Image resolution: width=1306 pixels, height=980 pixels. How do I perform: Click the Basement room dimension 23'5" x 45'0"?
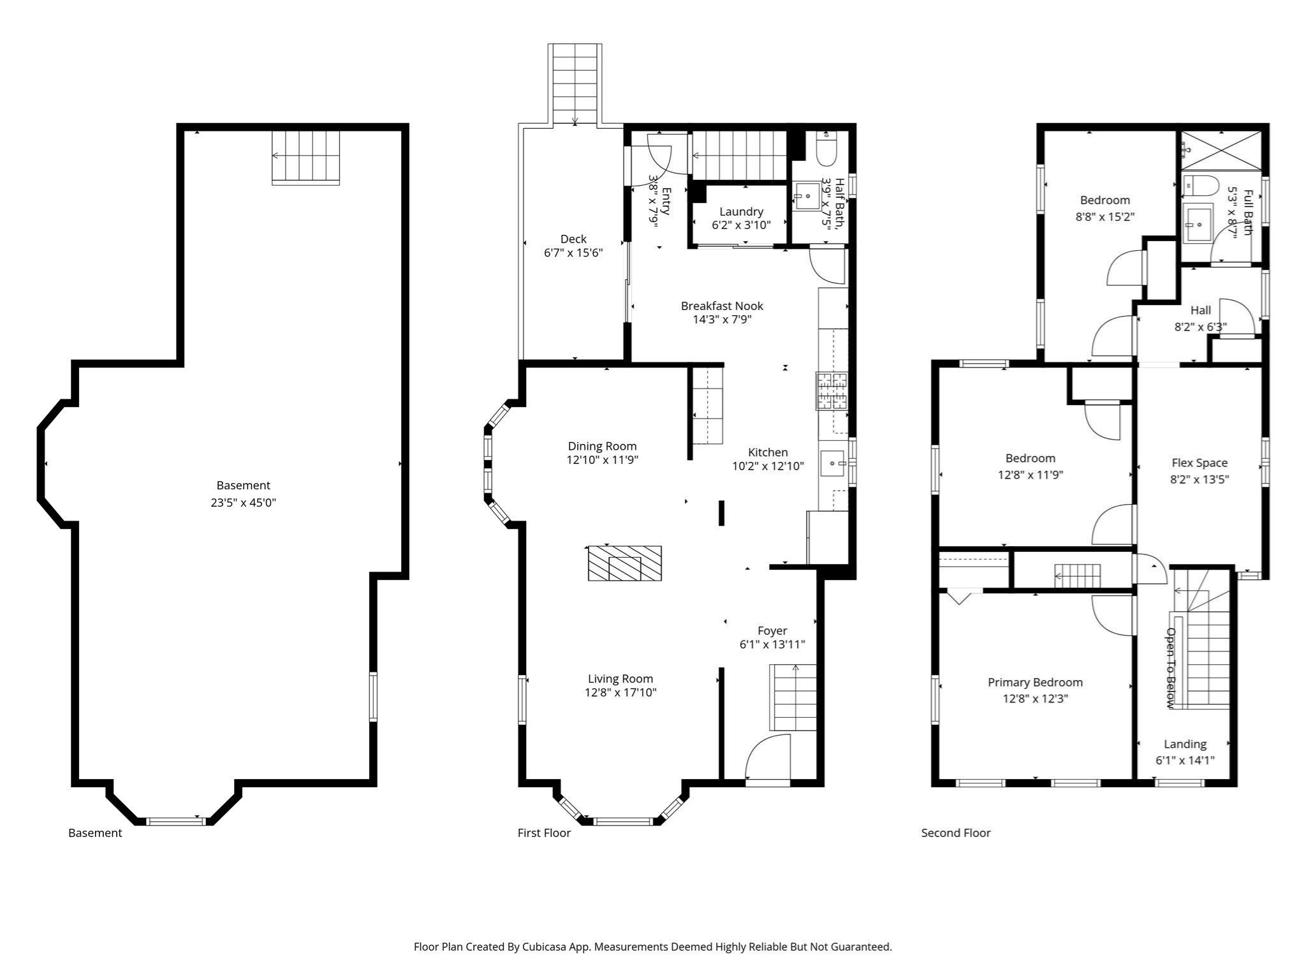pos(243,502)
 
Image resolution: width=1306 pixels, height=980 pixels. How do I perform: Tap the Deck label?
pos(573,239)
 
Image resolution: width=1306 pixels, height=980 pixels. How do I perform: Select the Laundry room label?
pos(741,211)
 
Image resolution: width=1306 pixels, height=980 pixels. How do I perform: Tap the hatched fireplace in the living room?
pos(624,563)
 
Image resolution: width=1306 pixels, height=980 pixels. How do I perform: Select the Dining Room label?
pos(602,446)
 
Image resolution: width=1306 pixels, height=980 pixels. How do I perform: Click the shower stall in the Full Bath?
pos(1221,151)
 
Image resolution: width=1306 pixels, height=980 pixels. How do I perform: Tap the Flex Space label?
pos(1199,463)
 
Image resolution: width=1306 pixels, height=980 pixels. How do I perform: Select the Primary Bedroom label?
pos(1035,682)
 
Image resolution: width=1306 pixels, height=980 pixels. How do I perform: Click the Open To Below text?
pos(1170,667)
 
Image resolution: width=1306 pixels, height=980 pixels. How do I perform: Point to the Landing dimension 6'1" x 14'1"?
pos(1185,760)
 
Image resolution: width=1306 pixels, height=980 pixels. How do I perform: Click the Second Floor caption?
pos(955,833)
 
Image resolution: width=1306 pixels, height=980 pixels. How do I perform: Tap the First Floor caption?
pos(544,833)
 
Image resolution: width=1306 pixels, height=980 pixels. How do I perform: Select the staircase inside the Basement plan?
pos(305,157)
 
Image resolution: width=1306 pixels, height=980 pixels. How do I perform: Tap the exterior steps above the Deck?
pos(575,83)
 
